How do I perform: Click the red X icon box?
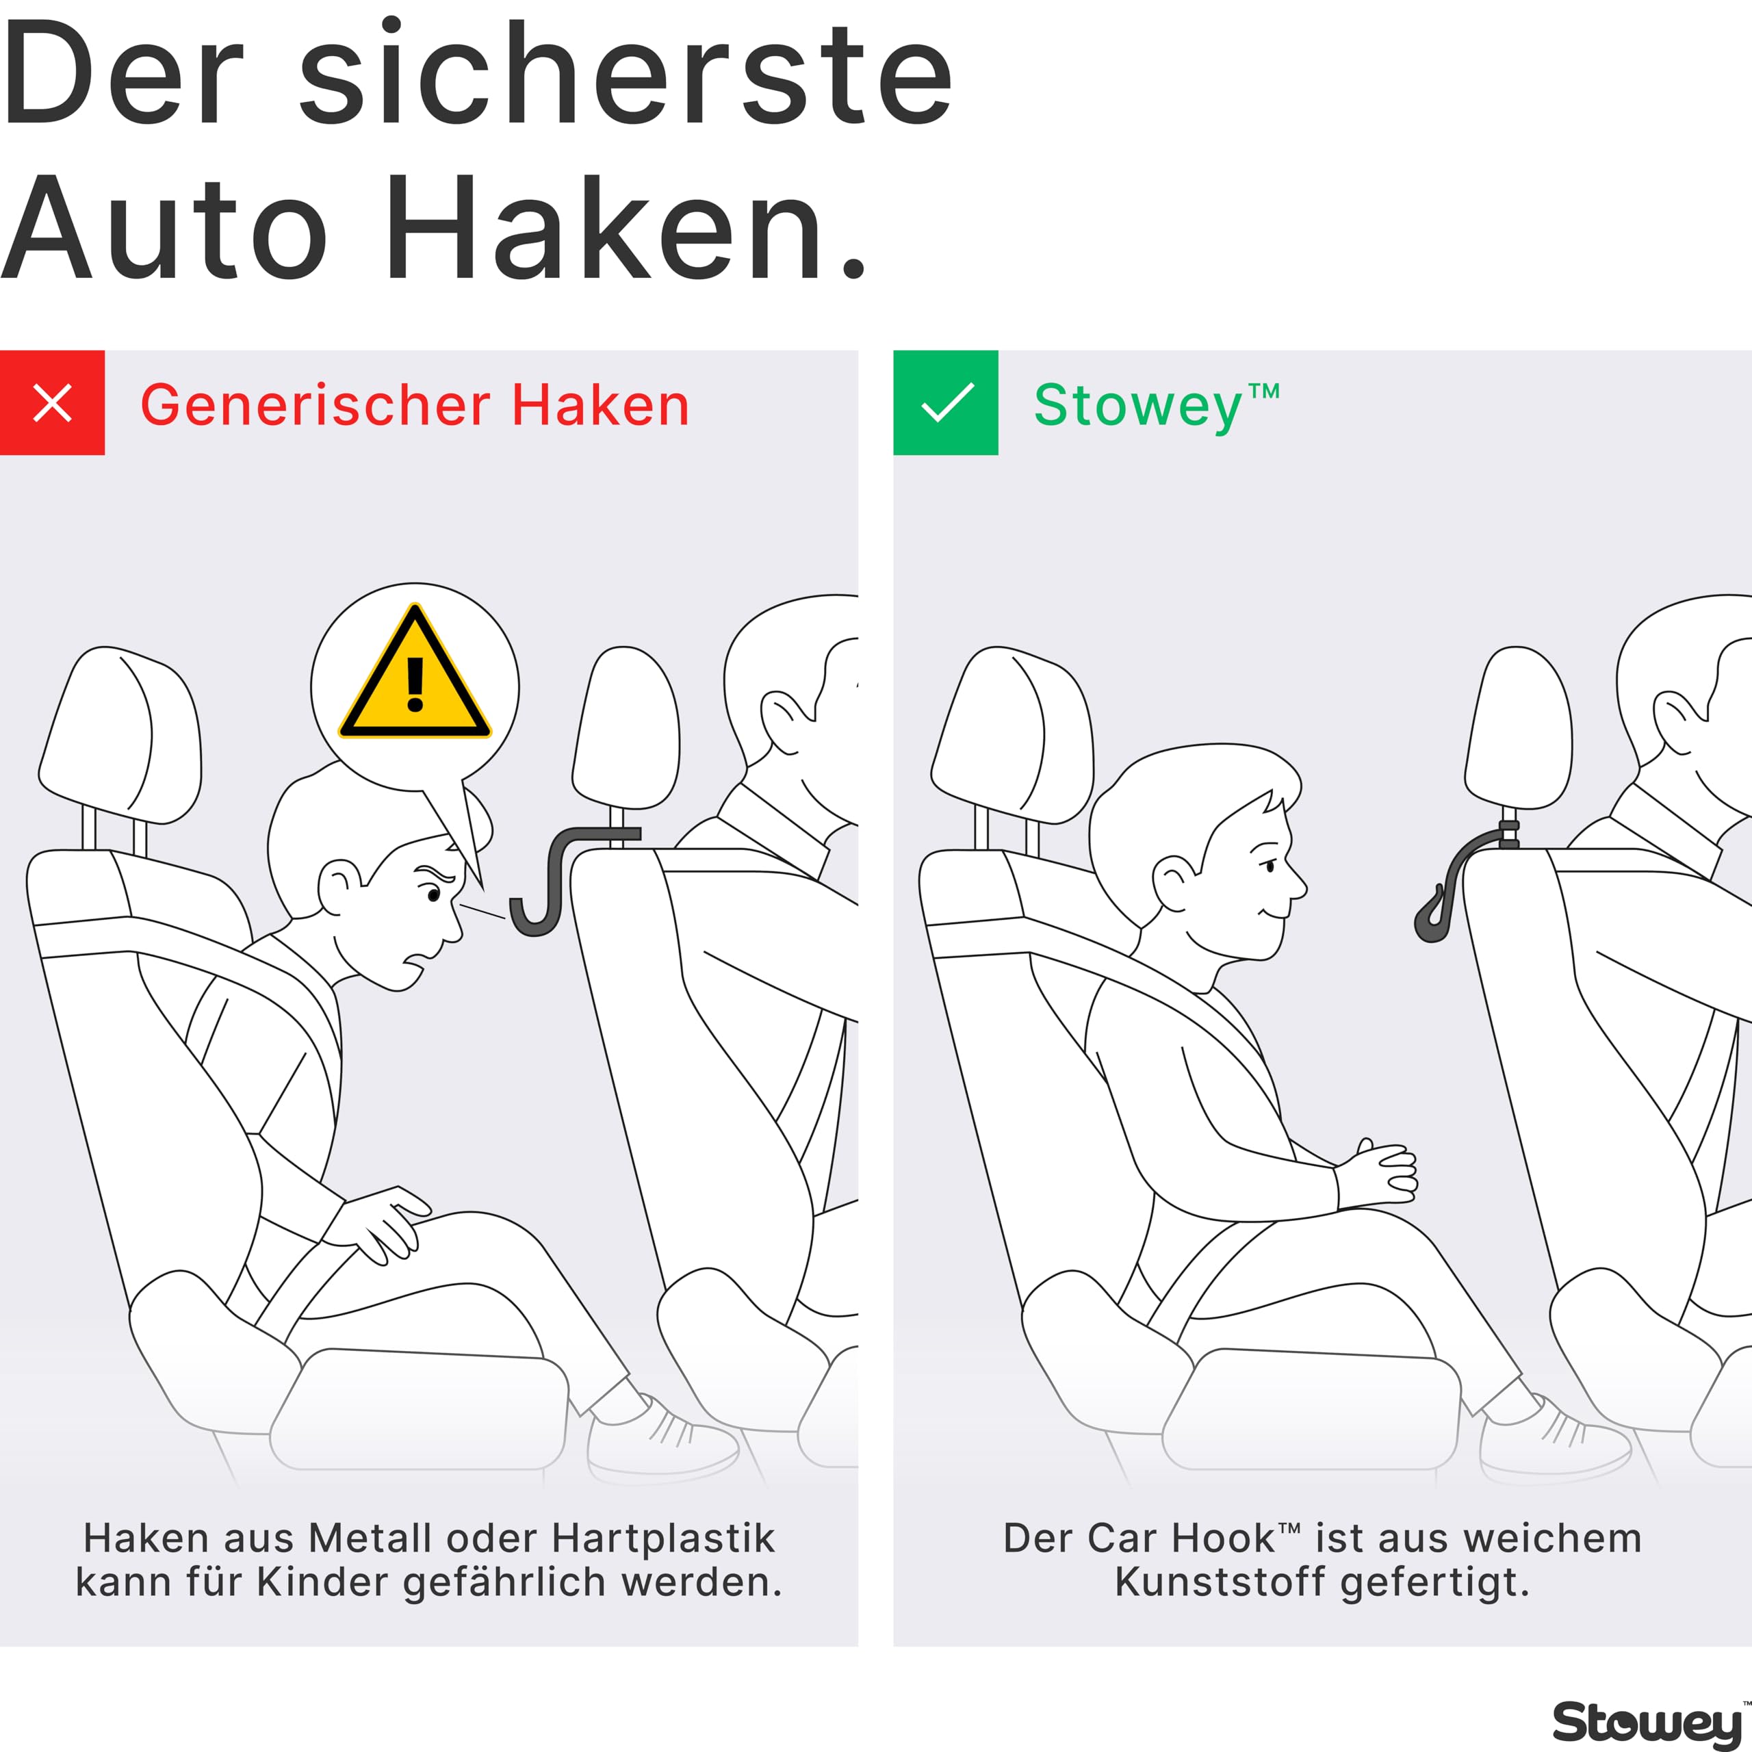click(52, 402)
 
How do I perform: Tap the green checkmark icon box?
click(946, 402)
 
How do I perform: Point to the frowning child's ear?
click(340, 887)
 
